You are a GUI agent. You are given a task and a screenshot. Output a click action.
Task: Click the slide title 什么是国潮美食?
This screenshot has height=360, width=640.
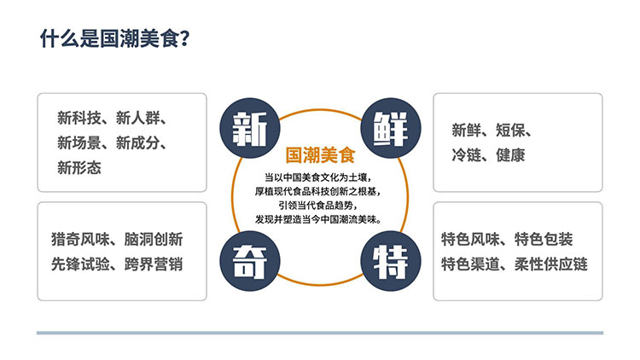[x=114, y=38]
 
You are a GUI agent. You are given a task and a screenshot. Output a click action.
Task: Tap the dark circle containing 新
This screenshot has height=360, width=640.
[x=250, y=128]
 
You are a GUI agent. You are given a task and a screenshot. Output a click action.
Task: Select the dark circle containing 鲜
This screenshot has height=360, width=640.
[x=391, y=128]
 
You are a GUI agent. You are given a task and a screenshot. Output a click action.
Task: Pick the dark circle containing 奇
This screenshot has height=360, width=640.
[x=250, y=261]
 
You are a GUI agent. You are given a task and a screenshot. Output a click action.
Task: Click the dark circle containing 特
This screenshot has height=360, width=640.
[x=391, y=261]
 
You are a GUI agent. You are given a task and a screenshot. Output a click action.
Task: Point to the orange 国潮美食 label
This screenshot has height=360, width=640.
[x=320, y=155]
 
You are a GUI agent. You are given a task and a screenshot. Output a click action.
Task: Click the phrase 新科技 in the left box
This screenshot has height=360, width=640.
[x=79, y=118]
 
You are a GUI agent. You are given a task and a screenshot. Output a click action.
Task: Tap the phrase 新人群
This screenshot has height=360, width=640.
[x=137, y=118]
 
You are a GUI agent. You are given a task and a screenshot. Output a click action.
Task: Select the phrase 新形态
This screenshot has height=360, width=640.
[x=79, y=168]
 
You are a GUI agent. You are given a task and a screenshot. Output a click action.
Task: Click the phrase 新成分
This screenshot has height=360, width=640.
[x=137, y=142]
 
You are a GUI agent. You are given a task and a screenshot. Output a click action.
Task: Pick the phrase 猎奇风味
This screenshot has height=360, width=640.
[x=80, y=239]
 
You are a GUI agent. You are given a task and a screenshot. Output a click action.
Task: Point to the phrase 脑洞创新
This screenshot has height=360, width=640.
[x=154, y=239]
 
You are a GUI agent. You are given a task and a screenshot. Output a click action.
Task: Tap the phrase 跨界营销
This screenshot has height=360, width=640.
[x=154, y=264]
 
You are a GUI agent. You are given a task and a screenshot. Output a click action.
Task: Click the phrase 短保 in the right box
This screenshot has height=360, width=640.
[x=510, y=131]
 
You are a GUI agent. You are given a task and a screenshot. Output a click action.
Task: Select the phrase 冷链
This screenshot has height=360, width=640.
[x=466, y=155]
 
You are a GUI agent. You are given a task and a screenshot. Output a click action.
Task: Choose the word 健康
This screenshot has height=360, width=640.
[x=510, y=155]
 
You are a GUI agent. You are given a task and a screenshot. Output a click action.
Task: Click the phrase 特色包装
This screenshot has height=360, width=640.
[x=544, y=239]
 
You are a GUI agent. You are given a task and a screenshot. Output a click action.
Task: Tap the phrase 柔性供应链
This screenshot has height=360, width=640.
[x=551, y=264]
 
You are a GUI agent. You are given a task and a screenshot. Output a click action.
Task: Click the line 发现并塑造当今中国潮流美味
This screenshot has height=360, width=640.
[x=319, y=219]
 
